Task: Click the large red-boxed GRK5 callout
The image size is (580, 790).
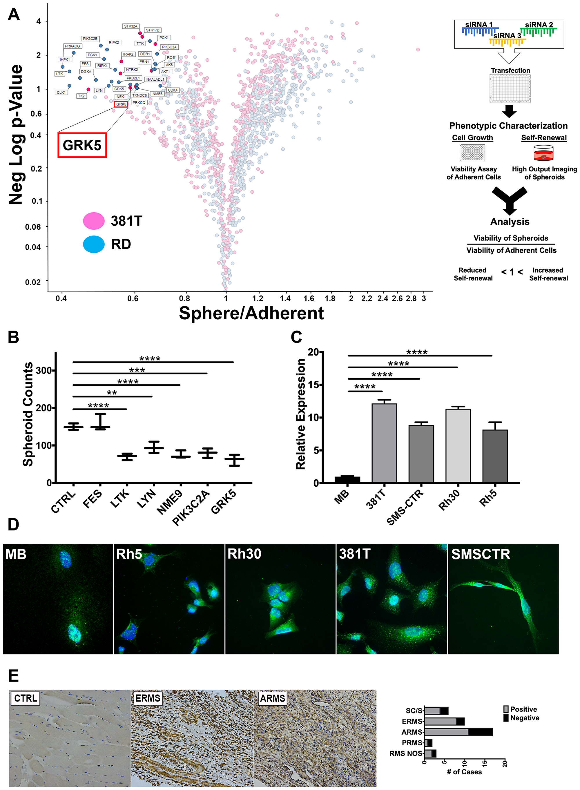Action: pyautogui.click(x=82, y=145)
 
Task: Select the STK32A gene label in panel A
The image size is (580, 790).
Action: pyautogui.click(x=130, y=26)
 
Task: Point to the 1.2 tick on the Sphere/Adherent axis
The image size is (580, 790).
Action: pyautogui.click(x=258, y=298)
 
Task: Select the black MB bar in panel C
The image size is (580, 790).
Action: pyautogui.click(x=347, y=479)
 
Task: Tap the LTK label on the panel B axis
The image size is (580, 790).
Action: pyautogui.click(x=120, y=499)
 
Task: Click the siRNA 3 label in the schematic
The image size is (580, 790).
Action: pyautogui.click(x=507, y=35)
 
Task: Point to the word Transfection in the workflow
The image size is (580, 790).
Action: pyautogui.click(x=510, y=70)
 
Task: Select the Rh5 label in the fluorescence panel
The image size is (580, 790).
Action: pyautogui.click(x=129, y=554)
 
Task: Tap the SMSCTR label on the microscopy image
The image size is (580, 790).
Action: pyautogui.click(x=480, y=554)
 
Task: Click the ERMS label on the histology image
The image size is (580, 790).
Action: pyautogui.click(x=148, y=698)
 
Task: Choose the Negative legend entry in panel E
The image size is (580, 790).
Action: pyautogui.click(x=525, y=718)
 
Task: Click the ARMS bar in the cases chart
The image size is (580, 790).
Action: pyautogui.click(x=458, y=732)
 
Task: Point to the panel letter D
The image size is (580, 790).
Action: pyautogui.click(x=13, y=525)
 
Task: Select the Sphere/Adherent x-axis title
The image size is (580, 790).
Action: pyautogui.click(x=251, y=313)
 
